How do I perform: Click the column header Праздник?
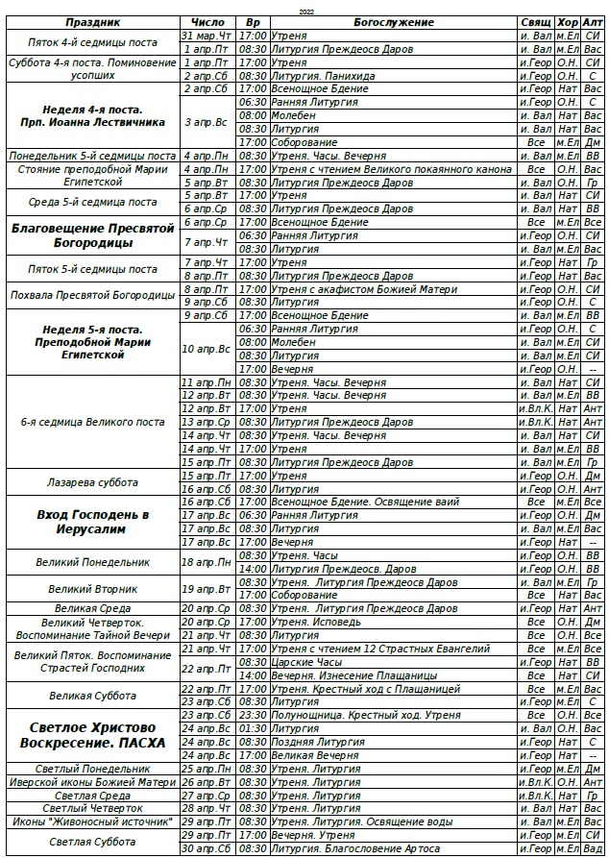(x=92, y=22)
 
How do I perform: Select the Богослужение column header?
(x=393, y=22)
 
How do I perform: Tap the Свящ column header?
(x=534, y=22)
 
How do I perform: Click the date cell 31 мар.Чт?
(x=207, y=35)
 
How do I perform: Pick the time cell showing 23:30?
(x=253, y=715)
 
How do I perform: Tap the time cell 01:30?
(x=253, y=728)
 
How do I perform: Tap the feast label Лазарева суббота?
(x=92, y=482)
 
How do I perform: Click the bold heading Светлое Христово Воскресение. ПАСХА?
(x=92, y=735)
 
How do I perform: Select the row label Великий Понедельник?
(x=92, y=562)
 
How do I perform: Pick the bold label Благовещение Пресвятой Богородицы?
(x=92, y=235)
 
